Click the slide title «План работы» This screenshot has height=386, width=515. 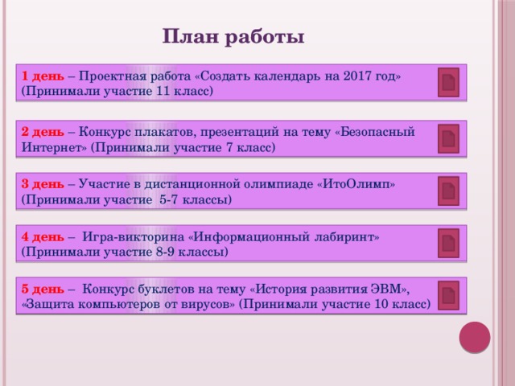click(x=233, y=37)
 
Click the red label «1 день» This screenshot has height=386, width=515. click(x=43, y=76)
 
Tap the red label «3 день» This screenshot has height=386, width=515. click(x=43, y=183)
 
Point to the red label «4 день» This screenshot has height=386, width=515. click(x=43, y=236)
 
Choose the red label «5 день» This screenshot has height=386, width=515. click(x=43, y=288)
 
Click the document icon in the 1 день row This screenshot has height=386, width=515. click(x=448, y=83)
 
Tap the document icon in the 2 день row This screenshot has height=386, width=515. click(x=448, y=138)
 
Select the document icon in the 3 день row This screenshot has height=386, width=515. click(x=448, y=191)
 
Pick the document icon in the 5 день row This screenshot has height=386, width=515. click(x=448, y=294)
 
